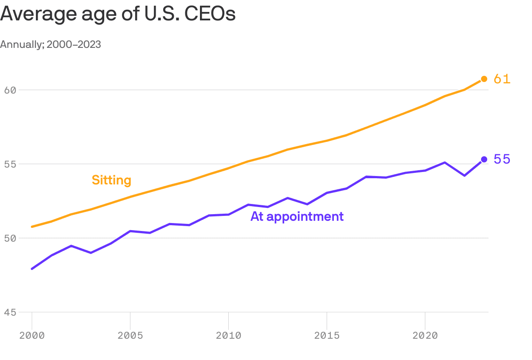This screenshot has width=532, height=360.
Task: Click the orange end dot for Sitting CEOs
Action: tap(484, 79)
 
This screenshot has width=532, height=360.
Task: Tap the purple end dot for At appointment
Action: tap(484, 159)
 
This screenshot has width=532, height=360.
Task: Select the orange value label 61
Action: tap(502, 79)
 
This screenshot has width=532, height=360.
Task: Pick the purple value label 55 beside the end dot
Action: tap(502, 159)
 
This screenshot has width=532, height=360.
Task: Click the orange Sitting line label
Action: tap(111, 180)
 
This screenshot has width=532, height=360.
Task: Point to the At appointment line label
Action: tap(297, 216)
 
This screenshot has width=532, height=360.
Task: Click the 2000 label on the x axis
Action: tap(32, 336)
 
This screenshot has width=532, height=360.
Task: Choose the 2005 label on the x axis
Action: tap(130, 336)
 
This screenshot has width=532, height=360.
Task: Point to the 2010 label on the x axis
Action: tap(228, 336)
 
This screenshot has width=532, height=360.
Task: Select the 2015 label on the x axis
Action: tap(327, 336)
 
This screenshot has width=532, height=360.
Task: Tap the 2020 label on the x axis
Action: tap(425, 336)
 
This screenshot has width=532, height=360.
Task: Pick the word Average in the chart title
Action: tap(33, 14)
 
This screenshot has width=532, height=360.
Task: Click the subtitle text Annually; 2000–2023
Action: tap(51, 45)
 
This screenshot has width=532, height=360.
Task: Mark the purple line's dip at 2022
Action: tap(464, 176)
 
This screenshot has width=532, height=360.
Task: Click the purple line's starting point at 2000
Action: tap(32, 269)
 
